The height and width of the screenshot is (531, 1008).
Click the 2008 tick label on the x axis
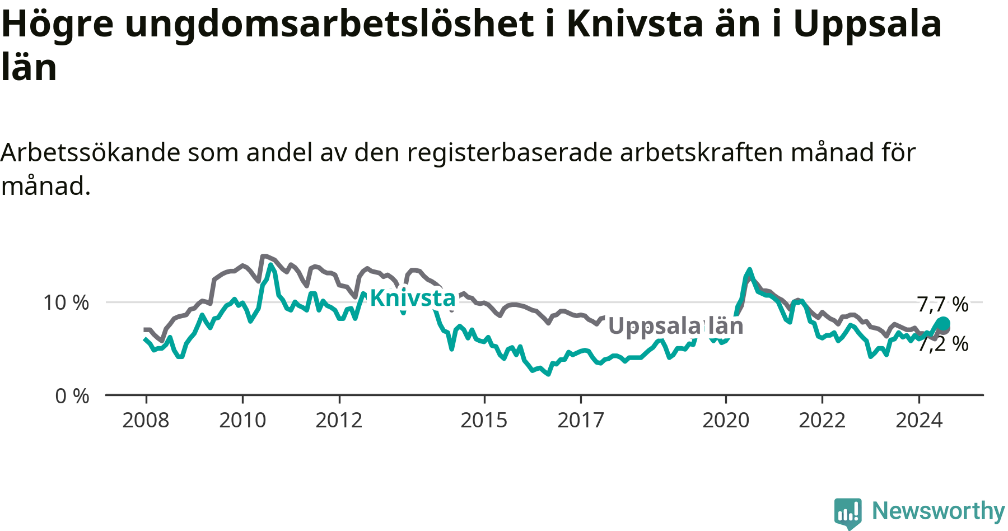coord(146,420)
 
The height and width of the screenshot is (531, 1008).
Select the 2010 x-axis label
coord(242,420)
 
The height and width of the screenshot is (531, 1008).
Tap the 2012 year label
coord(339,420)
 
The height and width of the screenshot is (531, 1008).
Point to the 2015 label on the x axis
coord(484,420)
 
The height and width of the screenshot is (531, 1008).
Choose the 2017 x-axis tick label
coord(581,420)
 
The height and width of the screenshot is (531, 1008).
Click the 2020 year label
coord(726,420)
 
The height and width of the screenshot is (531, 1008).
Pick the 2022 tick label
coord(822,420)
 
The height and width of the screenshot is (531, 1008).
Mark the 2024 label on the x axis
coord(919,420)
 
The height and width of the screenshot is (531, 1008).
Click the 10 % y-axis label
coord(66,303)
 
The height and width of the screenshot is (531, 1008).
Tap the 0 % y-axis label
coord(72,397)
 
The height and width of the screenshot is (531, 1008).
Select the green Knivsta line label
coord(413,298)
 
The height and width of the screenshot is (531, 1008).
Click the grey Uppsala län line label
coord(676,326)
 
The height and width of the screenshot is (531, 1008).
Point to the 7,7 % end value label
coord(943,305)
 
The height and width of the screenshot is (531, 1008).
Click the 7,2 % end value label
coord(943,344)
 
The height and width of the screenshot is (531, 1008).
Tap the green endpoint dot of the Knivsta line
coord(943,323)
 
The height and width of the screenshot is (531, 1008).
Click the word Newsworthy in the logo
coord(939,511)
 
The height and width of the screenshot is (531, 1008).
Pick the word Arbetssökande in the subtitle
coord(91,152)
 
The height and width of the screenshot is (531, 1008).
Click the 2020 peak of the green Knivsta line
coord(749,269)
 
